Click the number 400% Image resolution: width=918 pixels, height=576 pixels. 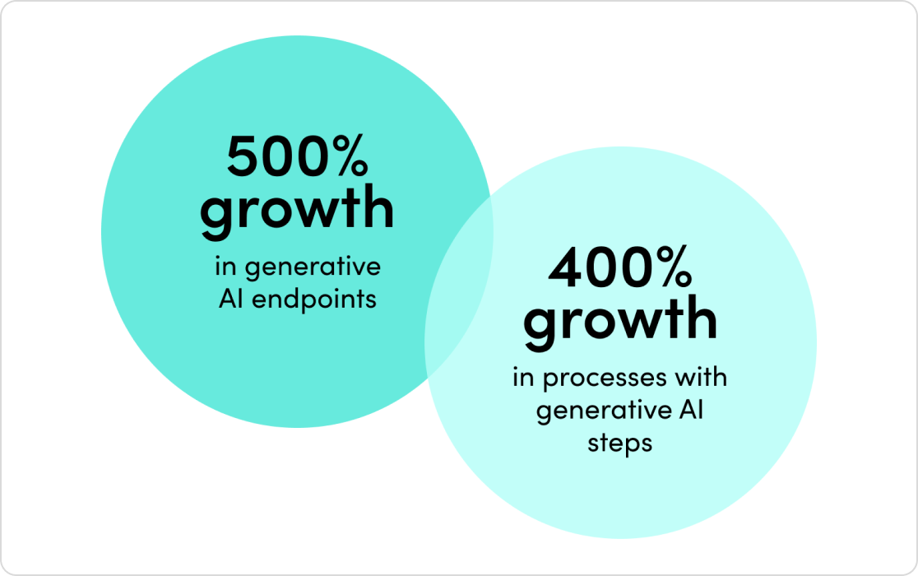tap(619, 268)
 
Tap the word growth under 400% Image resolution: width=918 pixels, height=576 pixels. tap(619, 320)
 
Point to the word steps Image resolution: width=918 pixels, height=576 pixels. tap(619, 443)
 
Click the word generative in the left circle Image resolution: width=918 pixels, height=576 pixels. tap(313, 268)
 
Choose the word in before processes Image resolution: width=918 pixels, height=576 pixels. tap(522, 378)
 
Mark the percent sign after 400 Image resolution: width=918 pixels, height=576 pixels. tap(670, 268)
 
